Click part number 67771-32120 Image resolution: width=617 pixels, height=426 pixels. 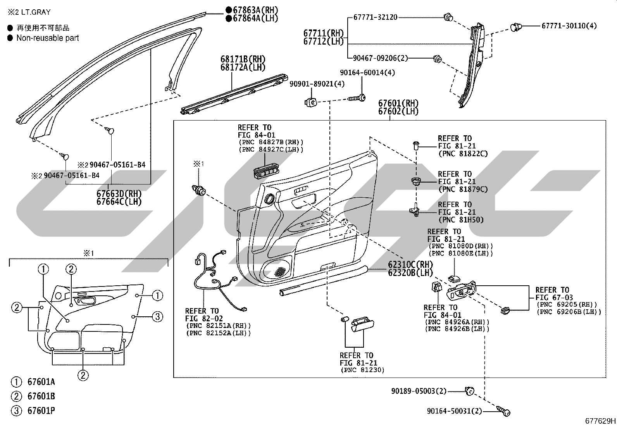pos(375,17)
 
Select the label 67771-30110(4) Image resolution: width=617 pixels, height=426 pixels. pos(569,26)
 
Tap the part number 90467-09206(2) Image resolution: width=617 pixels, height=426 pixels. pos(380,58)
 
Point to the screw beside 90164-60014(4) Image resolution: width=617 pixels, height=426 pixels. pos(357,98)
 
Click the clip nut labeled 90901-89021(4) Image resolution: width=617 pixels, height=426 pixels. pos(311,102)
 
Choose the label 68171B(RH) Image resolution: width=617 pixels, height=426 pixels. pos(243,59)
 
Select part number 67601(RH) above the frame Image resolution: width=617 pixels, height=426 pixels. pos(398,103)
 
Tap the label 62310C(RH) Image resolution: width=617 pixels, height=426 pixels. pos(410,264)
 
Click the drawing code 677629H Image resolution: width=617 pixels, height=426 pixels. pos(600,421)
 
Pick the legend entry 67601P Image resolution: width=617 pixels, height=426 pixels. pos(41,410)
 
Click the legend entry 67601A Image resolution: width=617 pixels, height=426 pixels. pos(41,382)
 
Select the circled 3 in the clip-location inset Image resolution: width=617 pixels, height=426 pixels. pos(157,316)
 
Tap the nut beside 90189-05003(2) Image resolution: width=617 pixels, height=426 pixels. pos(469,391)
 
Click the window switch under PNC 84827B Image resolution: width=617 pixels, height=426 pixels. pos(266,171)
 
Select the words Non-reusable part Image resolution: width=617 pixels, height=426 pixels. pos(48,38)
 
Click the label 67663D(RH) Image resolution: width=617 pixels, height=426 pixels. pos(119,193)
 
